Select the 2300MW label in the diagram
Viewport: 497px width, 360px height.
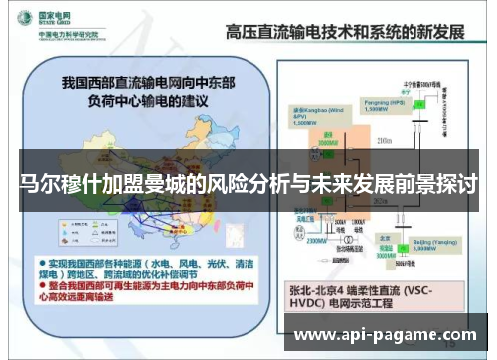pyautogui.click(x=317, y=241)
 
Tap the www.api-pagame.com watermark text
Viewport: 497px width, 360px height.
pyautogui.click(x=387, y=335)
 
